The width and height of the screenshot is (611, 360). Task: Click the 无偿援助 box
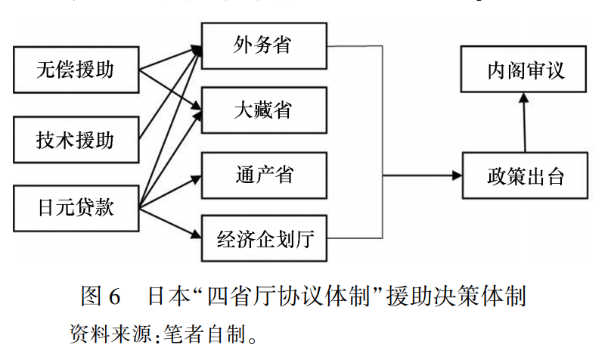pyautogui.click(x=76, y=70)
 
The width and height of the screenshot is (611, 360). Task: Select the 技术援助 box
pyautogui.click(x=76, y=139)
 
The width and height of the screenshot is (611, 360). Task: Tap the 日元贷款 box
pyautogui.click(x=76, y=206)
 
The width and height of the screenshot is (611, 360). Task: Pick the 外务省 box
pyautogui.click(x=263, y=46)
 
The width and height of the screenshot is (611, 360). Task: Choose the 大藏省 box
pyautogui.click(x=263, y=110)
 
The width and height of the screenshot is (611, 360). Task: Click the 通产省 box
pyautogui.click(x=263, y=175)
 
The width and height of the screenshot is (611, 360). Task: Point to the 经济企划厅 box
pyautogui.click(x=263, y=241)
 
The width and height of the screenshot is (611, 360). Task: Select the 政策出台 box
pyautogui.click(x=524, y=177)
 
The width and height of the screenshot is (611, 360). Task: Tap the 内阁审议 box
pyautogui.click(x=525, y=72)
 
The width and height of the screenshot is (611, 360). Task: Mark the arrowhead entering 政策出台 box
pyautogui.click(x=457, y=176)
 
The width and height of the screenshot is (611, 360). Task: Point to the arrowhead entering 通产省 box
pyautogui.click(x=196, y=179)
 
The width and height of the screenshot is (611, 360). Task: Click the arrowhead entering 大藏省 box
pyautogui.click(x=196, y=113)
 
